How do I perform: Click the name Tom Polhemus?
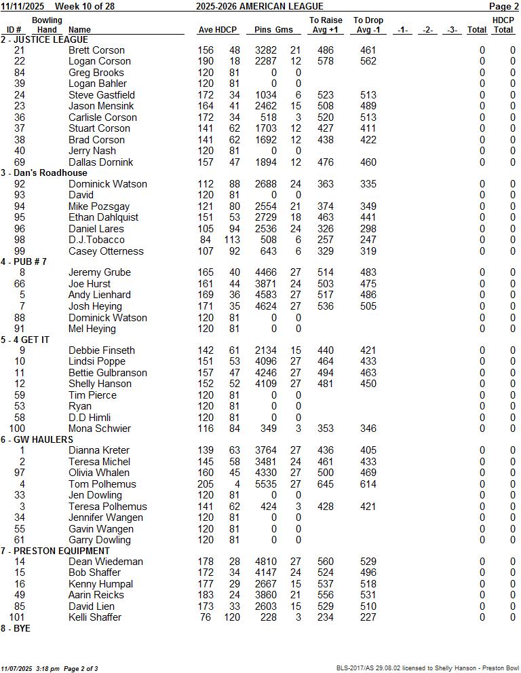coord(102,484)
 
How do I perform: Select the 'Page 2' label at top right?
coord(503,6)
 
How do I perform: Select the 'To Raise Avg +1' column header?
coord(326,25)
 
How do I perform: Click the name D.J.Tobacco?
coord(96,240)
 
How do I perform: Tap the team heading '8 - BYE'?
coord(16,628)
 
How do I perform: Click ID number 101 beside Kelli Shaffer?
coord(18,617)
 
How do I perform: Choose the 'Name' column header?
coord(79,30)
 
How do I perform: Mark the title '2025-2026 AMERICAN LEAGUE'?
coord(260,6)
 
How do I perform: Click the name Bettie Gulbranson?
coord(107,373)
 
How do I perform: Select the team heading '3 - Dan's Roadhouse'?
coord(44,173)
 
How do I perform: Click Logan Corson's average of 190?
coord(205,61)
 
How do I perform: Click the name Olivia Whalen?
coord(98,473)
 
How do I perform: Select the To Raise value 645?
coord(326,484)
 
